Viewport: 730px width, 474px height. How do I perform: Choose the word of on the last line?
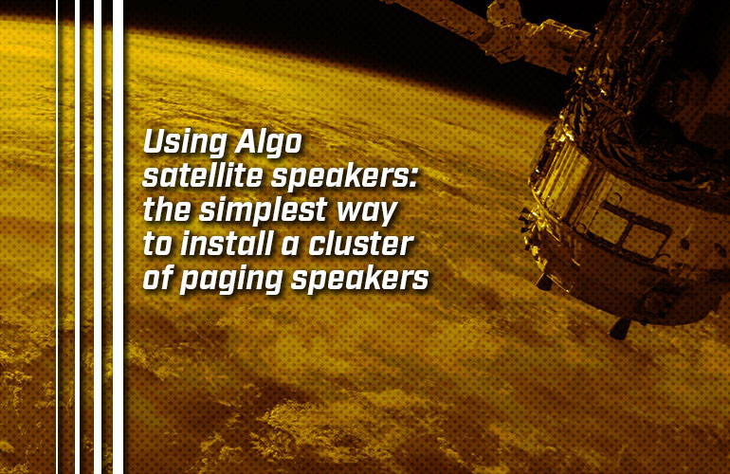pos(156,279)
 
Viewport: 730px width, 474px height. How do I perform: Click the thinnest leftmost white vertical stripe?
pos(59,237)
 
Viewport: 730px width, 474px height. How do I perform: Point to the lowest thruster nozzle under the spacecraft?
pos(621,327)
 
